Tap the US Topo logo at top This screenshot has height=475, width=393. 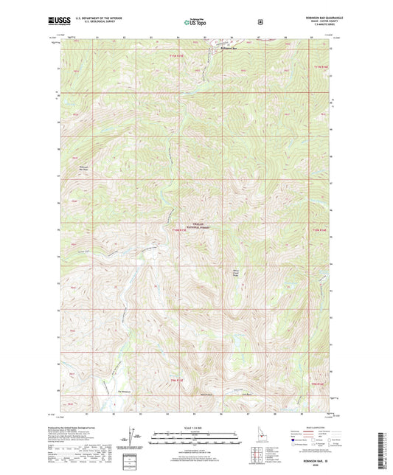195,22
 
